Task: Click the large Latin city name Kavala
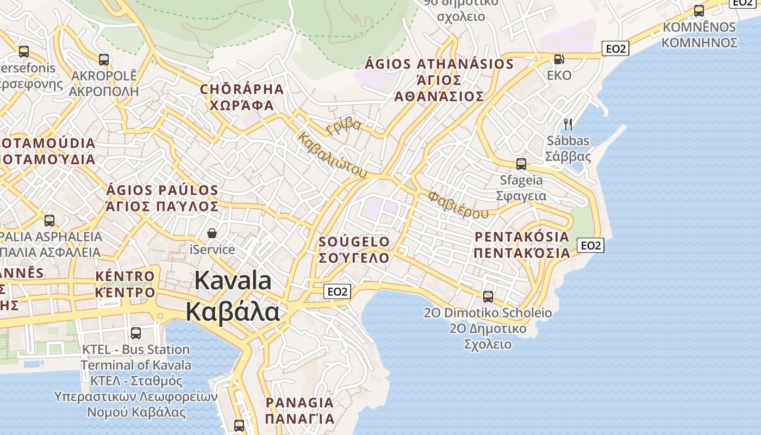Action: click(x=233, y=281)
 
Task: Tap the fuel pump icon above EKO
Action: click(x=558, y=59)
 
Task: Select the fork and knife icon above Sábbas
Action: click(x=568, y=125)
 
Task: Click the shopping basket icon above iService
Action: click(x=212, y=233)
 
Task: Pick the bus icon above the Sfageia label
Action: click(x=521, y=164)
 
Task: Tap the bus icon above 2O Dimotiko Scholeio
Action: click(x=488, y=297)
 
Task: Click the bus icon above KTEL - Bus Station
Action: click(x=135, y=333)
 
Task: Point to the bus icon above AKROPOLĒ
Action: click(x=103, y=59)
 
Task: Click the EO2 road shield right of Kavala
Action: click(x=337, y=291)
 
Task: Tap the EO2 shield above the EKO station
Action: click(x=615, y=48)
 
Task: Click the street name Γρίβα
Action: click(x=344, y=126)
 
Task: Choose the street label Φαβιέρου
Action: click(x=458, y=204)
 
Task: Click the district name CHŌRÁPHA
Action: click(x=242, y=89)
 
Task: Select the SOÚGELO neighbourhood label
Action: click(x=354, y=242)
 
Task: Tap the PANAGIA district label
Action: click(x=300, y=403)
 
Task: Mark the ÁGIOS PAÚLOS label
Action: click(x=162, y=190)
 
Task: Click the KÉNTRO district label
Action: click(x=125, y=276)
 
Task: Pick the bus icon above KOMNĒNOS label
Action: click(x=698, y=10)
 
